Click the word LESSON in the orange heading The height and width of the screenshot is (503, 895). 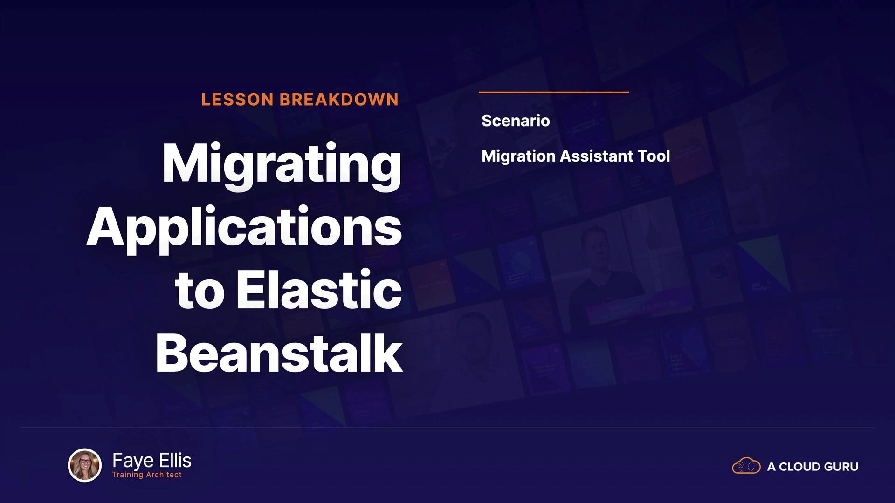tap(237, 100)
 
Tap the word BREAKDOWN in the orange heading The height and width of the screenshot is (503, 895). tap(339, 100)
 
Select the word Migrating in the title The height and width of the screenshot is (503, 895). tap(282, 166)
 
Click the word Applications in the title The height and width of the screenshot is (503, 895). tap(244, 229)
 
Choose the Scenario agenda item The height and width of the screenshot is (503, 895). tap(516, 121)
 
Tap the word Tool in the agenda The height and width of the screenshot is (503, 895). tap(654, 156)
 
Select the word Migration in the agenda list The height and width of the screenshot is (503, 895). tap(518, 157)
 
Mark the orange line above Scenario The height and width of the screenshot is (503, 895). tap(554, 92)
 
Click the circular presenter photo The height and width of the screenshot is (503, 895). tap(85, 465)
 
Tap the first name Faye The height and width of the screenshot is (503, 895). tap(133, 461)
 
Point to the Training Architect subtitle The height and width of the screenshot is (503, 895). tap(147, 475)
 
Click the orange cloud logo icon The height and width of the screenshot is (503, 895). tap(746, 465)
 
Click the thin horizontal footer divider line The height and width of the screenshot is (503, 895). tap(447, 427)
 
